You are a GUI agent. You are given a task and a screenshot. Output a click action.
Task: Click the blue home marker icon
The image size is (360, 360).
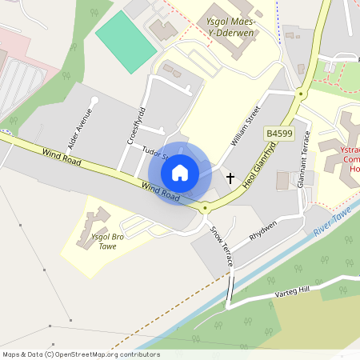[180, 173]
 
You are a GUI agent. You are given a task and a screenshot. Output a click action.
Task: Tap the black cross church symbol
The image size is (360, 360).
[230, 177]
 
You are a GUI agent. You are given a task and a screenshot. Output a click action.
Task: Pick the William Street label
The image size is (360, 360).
[246, 126]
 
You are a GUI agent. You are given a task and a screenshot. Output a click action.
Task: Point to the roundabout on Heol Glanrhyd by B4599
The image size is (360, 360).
[300, 94]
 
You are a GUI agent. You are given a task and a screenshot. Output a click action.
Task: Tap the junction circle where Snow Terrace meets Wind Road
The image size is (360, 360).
[205, 207]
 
